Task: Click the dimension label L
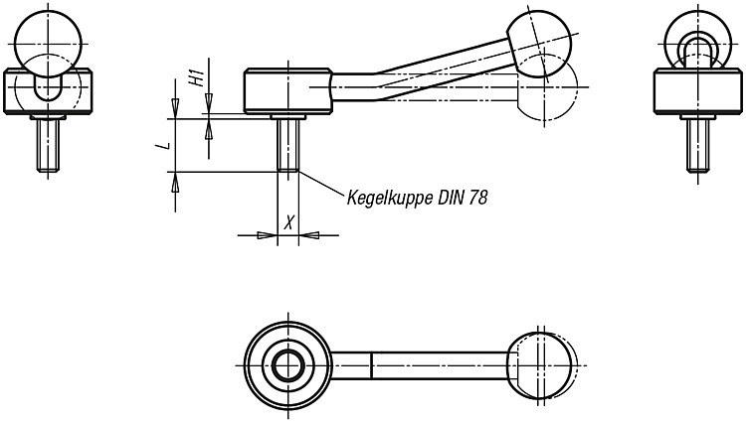164,144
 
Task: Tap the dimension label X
288,221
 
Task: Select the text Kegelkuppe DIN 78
417,197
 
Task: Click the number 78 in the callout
478,197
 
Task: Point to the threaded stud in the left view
48,145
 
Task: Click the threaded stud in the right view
698,145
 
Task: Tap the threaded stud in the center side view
287,145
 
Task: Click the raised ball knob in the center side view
540,44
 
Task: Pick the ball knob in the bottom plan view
540,365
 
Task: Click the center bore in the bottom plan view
288,365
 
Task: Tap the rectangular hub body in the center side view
287,91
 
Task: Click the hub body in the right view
698,91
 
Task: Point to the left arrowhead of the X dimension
267,235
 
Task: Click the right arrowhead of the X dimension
308,235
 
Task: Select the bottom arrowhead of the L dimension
175,182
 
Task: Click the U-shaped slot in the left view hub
48,84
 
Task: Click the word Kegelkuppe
384,198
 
